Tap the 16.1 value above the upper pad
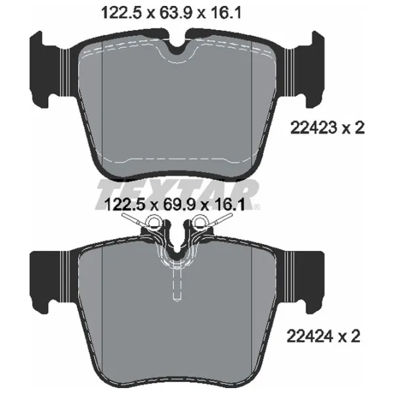tap(224, 13)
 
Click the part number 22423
tap(314, 127)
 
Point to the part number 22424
tap(310, 336)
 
